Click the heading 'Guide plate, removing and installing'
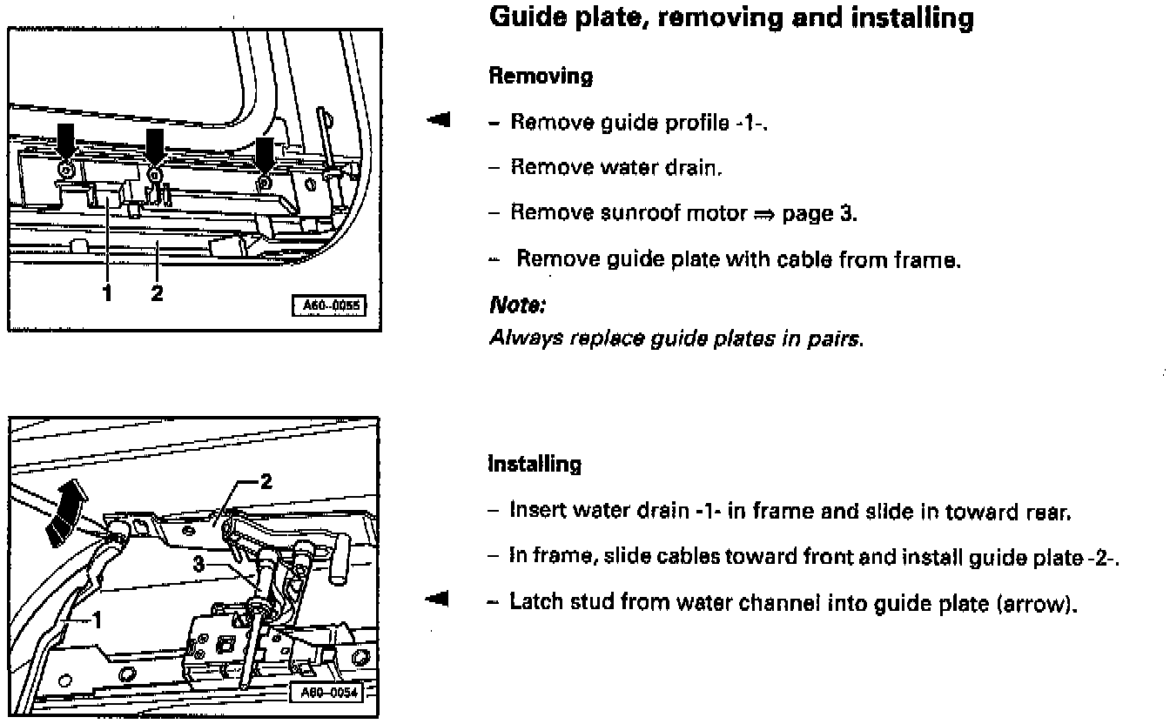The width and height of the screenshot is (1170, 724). click(x=731, y=18)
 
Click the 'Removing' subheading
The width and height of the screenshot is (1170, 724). click(x=541, y=77)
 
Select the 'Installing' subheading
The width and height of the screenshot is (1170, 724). click(x=535, y=464)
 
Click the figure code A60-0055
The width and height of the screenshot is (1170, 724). click(x=330, y=305)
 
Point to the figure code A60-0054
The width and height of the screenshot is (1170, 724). click(x=325, y=694)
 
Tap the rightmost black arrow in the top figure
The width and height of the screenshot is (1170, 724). click(x=266, y=150)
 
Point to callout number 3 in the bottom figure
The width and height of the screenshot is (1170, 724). click(x=198, y=565)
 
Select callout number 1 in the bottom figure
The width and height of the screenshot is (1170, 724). click(x=97, y=620)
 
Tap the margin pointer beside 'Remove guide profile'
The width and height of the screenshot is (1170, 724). click(x=439, y=120)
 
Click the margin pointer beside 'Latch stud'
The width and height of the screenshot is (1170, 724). click(x=439, y=599)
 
